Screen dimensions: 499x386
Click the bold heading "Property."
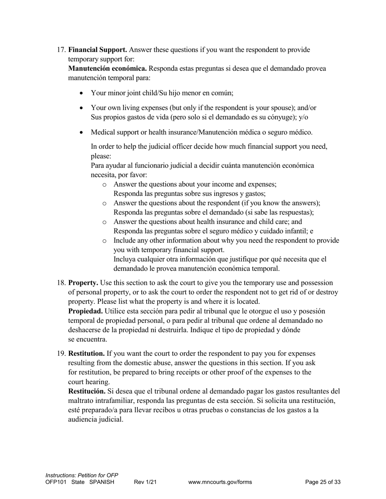click(x=83, y=283)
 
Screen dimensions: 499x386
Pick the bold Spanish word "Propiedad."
click(x=85, y=311)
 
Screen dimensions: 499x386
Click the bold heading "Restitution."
click(x=87, y=354)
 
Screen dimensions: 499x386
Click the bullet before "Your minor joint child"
click(x=82, y=93)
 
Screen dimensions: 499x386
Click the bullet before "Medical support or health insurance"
click(x=82, y=133)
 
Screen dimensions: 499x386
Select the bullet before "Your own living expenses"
click(x=82, y=108)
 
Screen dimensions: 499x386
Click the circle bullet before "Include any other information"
click(x=104, y=241)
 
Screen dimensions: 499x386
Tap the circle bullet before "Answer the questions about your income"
click(x=104, y=185)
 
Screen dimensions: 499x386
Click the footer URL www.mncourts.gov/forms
click(x=220, y=482)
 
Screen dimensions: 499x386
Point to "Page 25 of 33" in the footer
click(x=323, y=482)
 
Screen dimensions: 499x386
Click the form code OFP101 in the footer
click(x=56, y=482)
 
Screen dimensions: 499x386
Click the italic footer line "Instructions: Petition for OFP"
click(x=82, y=475)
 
